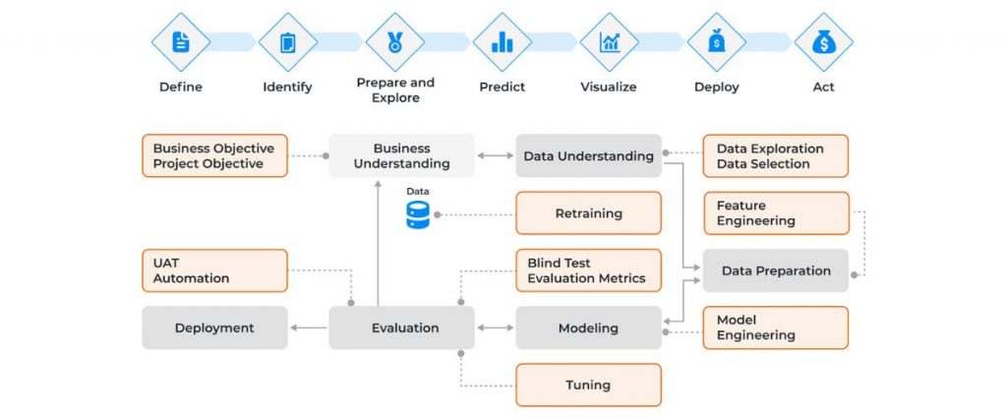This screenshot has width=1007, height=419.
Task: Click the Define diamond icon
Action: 181,42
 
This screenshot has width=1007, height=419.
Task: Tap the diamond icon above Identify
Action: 287,42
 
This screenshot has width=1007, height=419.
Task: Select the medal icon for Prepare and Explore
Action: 394,42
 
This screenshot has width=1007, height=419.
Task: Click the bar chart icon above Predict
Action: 503,42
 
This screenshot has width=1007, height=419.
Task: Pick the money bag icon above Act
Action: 823,42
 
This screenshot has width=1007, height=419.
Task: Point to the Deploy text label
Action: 716,87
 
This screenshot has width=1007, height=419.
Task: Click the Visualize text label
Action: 608,87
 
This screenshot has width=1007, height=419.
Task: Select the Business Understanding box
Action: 401,155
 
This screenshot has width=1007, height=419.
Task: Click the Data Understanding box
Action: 588,155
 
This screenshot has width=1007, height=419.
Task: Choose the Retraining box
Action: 588,213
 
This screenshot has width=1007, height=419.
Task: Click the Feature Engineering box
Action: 775,213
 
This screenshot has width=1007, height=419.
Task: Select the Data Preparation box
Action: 775,270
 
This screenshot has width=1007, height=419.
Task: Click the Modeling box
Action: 588,328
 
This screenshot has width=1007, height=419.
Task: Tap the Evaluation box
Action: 401,328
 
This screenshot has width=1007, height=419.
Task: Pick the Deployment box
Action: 214,328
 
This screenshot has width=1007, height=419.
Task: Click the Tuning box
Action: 588,385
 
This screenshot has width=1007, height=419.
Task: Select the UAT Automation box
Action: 214,270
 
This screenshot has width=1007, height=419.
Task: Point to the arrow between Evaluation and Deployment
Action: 309,328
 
